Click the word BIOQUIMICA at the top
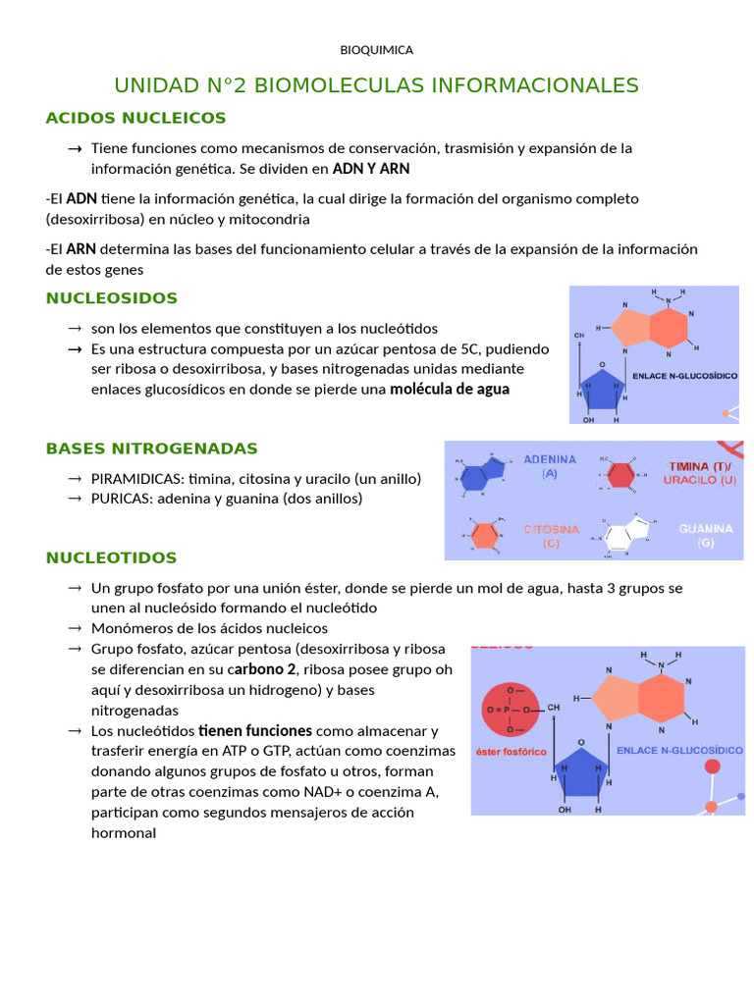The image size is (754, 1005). pos(376,49)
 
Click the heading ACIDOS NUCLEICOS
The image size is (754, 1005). pos(135,118)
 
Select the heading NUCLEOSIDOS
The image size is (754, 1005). pos(112,297)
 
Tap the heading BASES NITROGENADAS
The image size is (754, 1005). pos(151,449)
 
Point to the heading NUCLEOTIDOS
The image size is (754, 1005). pos(111,557)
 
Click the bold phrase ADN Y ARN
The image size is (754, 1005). pos(371,168)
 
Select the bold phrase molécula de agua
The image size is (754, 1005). pos(450,389)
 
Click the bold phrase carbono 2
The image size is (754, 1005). pos(264,669)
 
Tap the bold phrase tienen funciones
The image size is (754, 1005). pos(255,730)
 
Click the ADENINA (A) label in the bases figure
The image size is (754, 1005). pos(550,465)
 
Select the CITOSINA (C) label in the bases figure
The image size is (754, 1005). pos(551,536)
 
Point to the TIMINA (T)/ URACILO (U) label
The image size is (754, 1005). pos(698,473)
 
